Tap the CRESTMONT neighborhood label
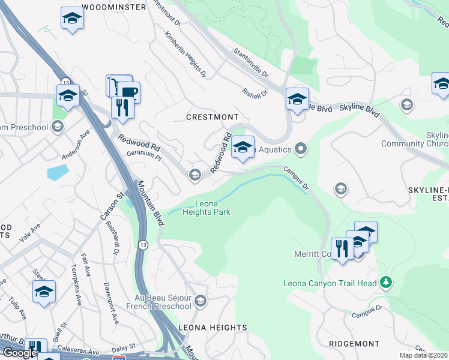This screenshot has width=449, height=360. pos(212,116)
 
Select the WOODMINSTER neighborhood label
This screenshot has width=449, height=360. pos(113,7)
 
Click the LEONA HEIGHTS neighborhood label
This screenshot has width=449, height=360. pos(212,328)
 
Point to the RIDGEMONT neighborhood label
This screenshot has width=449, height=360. pos(354,344)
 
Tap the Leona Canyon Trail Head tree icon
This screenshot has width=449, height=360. pos(387,283)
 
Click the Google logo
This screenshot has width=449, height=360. pos(20,353)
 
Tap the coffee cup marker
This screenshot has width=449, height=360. pos(128,91)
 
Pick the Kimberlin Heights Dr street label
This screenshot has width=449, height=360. pos(185,55)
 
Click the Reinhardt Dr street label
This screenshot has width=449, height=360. pos(113,238)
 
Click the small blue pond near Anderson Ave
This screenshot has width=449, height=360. pos(58,172)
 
